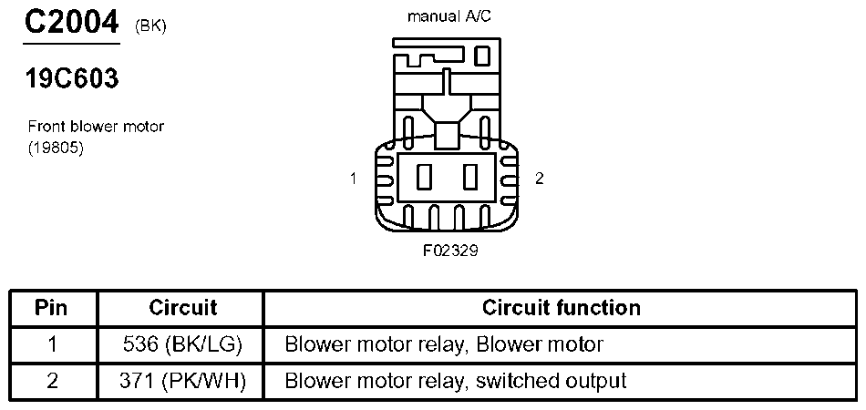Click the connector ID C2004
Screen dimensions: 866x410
pos(71,23)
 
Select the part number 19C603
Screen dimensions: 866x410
pos(72,79)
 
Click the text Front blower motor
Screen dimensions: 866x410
pos(96,127)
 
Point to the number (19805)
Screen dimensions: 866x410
pos(56,149)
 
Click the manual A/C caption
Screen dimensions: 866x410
pos(449,16)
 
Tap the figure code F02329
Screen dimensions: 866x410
pos(450,251)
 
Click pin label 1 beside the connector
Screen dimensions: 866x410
pos(354,179)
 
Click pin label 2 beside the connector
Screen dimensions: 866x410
pos(540,179)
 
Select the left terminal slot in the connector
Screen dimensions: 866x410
pos(424,178)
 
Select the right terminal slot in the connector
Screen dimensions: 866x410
pos(470,178)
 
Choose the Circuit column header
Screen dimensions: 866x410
pos(183,307)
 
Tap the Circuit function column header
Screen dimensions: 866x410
pos(562,307)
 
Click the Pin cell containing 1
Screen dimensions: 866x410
pos(53,345)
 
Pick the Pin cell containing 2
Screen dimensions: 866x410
pos(53,381)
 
